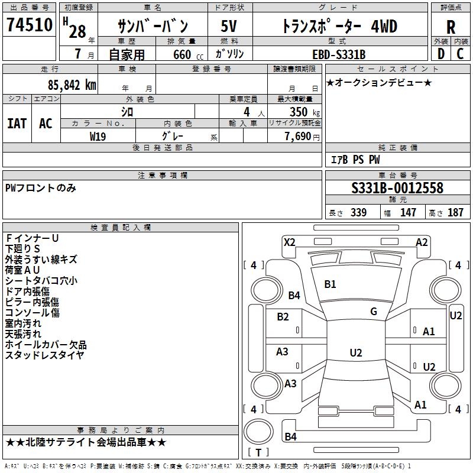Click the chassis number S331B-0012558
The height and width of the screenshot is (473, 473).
pyautogui.click(x=397, y=188)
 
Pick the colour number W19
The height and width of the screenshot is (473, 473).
pyautogui.click(x=98, y=136)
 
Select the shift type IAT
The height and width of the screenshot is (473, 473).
pyautogui.click(x=17, y=123)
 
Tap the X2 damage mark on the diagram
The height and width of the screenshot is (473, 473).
pyautogui.click(x=289, y=242)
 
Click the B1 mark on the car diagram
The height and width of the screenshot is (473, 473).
pyautogui.click(x=330, y=284)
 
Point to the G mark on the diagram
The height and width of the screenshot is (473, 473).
pyautogui.click(x=374, y=311)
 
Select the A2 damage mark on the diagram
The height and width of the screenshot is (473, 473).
pyautogui.click(x=422, y=242)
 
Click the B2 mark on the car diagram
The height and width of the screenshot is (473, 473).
pyautogui.click(x=283, y=317)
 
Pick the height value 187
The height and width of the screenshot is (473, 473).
pyautogui.click(x=455, y=213)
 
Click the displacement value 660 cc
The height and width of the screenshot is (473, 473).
pyautogui.click(x=182, y=55)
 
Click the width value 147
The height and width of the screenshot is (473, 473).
pyautogui.click(x=408, y=213)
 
